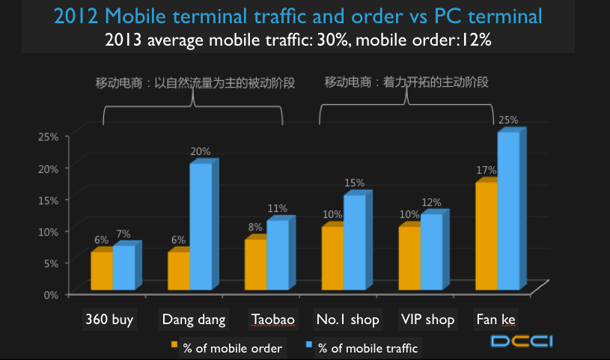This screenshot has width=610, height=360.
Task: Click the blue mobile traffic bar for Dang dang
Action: tap(201, 226)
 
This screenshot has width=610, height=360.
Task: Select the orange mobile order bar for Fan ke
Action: tap(487, 235)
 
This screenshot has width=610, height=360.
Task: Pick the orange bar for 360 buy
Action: tap(102, 270)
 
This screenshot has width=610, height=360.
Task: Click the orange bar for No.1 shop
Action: tap(332, 257)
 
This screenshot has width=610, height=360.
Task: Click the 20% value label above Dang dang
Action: tap(201, 151)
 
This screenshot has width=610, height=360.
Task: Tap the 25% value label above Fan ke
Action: tap(508, 120)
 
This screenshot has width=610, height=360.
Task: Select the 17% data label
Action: tap(487, 170)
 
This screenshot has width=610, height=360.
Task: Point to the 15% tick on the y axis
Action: tap(49, 200)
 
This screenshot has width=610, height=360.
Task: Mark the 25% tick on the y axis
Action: tap(49, 136)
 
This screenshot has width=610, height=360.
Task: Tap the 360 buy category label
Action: tap(109, 320)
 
